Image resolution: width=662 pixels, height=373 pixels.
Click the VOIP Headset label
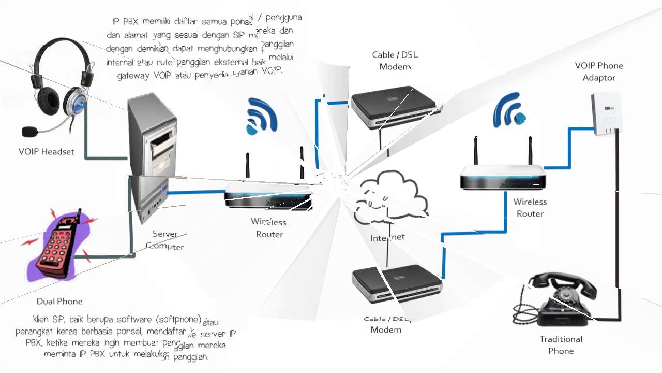coord(47,152)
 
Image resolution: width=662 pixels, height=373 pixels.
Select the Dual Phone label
coord(59,301)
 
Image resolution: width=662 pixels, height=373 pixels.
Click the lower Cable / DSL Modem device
coord(396,283)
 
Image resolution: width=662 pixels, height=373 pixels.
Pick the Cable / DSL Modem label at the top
coord(395,61)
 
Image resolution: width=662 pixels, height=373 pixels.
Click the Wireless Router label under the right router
coord(530,208)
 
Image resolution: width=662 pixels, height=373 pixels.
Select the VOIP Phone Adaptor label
coord(599,71)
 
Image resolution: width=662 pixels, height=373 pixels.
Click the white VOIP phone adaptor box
coord(606,114)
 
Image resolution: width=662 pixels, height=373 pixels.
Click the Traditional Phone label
coord(561,345)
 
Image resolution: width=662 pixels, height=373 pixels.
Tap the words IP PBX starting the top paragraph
coord(125,22)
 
